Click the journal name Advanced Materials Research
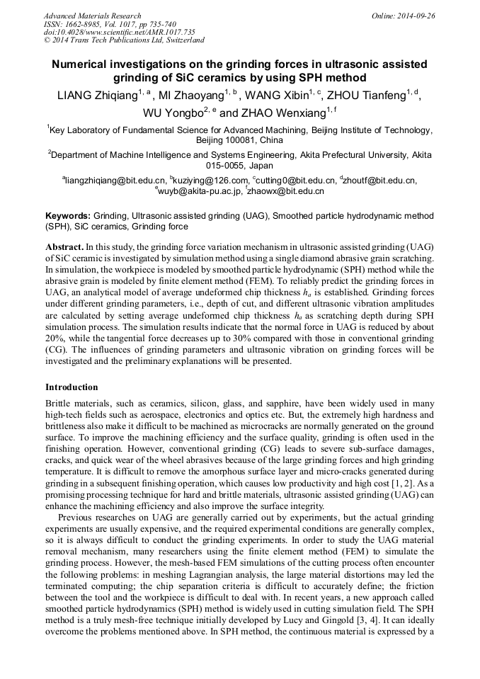coord(92,16)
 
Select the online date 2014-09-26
coord(417,16)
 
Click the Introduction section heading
coord(72,387)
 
